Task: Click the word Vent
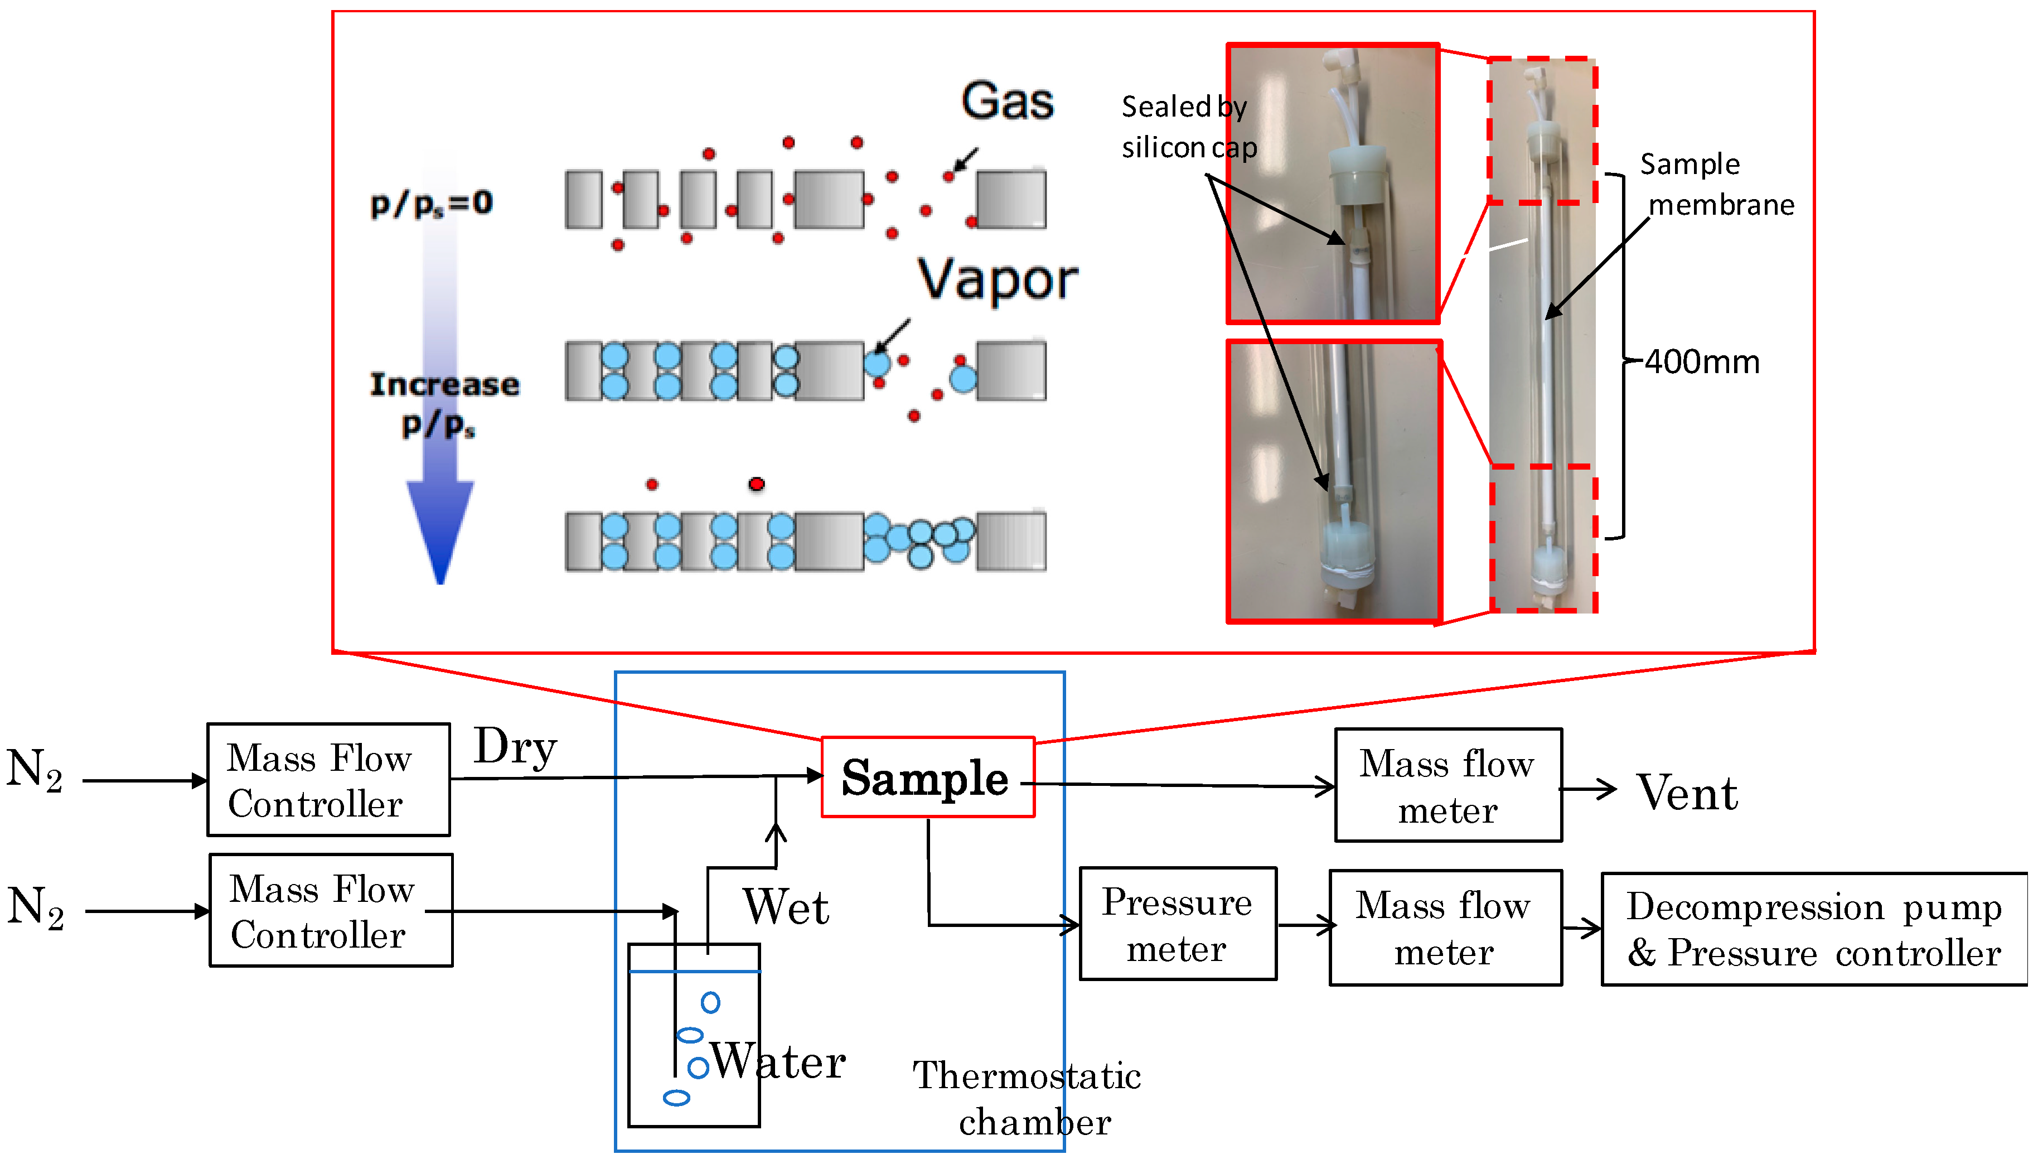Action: pos(1687,793)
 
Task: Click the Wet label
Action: pos(786,907)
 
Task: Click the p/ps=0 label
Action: pos(432,204)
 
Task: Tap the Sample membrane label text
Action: pos(1716,185)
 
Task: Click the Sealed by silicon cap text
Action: pos(1189,127)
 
